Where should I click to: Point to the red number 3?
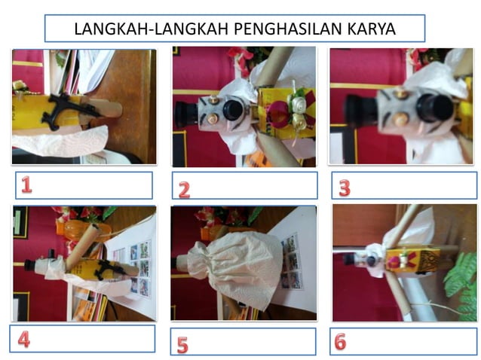(344, 188)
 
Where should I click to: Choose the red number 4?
(23, 339)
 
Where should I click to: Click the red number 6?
(340, 341)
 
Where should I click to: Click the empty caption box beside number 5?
(253, 342)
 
